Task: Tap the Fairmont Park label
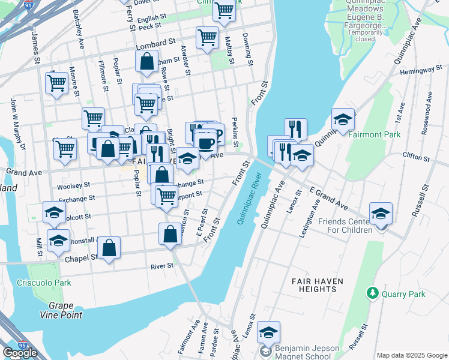click(x=376, y=135)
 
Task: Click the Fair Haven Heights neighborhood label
click(x=313, y=284)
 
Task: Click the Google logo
click(x=20, y=352)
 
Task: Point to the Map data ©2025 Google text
click(x=412, y=355)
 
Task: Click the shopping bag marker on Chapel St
click(x=109, y=248)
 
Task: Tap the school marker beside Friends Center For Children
click(x=381, y=214)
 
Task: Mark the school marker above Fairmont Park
click(x=343, y=119)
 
